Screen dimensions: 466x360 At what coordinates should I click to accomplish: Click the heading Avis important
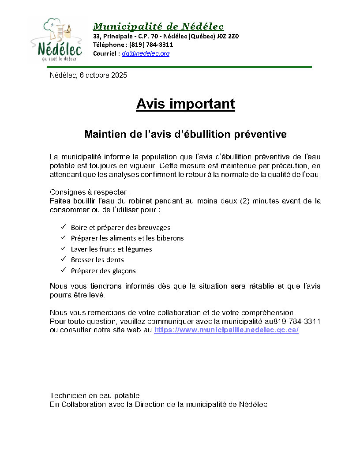tap(185, 104)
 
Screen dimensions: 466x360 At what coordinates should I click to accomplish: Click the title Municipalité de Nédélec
tap(158, 26)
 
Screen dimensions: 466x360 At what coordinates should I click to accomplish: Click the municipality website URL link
tap(226, 330)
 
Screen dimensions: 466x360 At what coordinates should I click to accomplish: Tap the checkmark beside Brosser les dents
tap(63, 259)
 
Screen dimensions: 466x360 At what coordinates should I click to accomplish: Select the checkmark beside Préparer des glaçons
tap(63, 270)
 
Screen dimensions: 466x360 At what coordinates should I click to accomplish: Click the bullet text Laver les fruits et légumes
tap(111, 249)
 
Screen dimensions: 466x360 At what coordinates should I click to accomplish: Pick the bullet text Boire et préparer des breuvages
tap(120, 228)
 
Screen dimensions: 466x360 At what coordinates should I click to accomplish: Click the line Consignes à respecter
tap(90, 192)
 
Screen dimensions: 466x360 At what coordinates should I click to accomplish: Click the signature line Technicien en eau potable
tap(94, 395)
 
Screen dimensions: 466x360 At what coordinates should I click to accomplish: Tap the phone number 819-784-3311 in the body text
tap(299, 321)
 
